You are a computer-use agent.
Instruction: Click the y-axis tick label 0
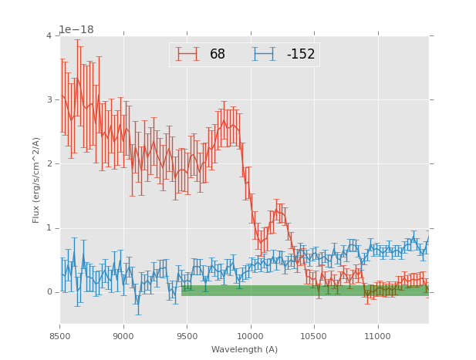pos(49,291)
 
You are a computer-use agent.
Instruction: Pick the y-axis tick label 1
pos(49,227)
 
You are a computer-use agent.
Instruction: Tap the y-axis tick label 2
pos(49,163)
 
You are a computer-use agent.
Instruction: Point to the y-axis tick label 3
pos(49,99)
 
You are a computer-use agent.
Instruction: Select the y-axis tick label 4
pos(49,35)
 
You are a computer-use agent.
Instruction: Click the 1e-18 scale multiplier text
pos(76,29)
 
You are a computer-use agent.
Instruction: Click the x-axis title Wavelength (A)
pos(245,349)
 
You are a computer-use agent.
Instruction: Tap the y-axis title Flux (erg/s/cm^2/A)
pos(36,180)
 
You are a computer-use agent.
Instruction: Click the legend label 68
pos(218,55)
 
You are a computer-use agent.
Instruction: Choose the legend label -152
pos(300,55)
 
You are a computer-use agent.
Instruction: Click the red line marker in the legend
pos(187,54)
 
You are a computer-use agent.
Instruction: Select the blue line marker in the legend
pos(265,54)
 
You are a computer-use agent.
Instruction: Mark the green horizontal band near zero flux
pos(305,291)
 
